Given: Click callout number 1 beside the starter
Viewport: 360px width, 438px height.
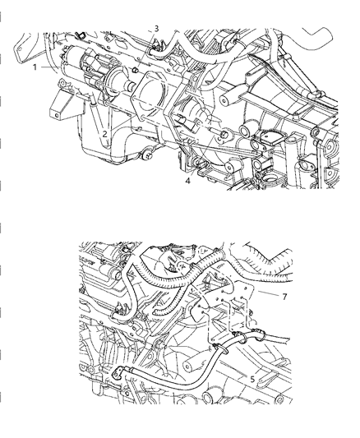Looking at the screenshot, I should click(35, 68).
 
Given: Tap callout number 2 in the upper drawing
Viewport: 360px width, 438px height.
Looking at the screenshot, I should click(104, 132).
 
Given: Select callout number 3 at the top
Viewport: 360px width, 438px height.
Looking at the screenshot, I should click(156, 29).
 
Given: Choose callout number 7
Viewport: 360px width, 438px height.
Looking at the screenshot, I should click(284, 296).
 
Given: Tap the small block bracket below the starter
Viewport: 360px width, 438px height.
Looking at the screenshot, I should click(62, 106).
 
